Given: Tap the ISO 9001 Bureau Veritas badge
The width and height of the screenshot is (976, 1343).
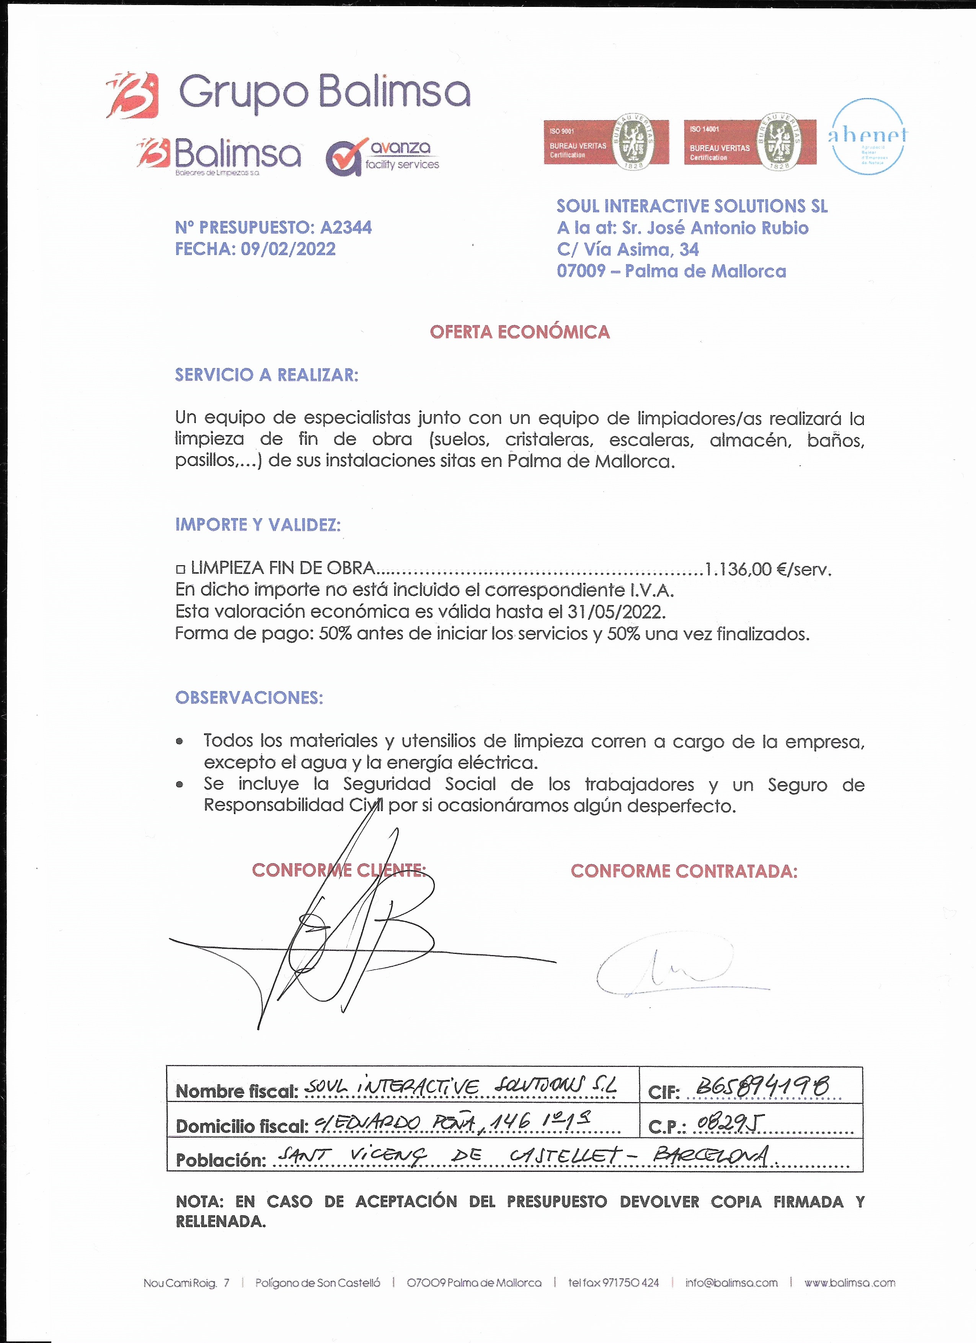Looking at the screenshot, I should click(x=606, y=142).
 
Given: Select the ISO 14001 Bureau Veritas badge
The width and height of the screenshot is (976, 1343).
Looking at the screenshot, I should click(x=749, y=142).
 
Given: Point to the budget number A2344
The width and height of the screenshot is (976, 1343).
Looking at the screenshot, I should click(x=346, y=227).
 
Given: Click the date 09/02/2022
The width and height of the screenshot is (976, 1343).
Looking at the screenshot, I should click(x=288, y=249).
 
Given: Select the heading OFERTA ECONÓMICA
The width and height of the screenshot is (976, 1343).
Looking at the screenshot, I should click(x=520, y=332).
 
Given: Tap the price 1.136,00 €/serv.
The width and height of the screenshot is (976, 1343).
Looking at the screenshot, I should click(x=768, y=570).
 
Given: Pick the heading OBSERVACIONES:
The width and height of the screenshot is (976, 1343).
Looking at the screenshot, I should click(x=249, y=698).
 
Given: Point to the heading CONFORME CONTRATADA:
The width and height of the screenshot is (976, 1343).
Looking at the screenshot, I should click(x=684, y=871).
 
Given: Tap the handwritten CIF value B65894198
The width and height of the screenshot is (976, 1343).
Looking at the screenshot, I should click(x=762, y=1086).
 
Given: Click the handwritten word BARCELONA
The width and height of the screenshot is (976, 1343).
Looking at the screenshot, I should click(x=712, y=1156).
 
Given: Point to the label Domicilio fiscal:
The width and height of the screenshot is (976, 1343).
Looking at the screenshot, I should click(x=242, y=1126).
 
